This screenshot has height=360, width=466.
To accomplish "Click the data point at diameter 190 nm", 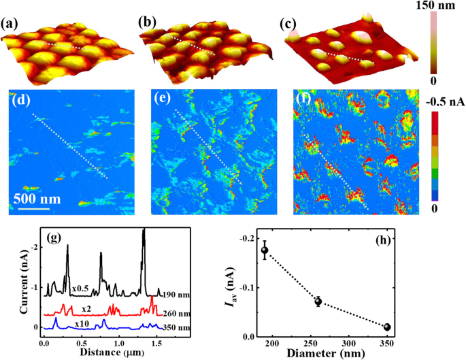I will coord(265,250).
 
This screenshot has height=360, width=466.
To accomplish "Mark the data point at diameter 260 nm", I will coord(318,301).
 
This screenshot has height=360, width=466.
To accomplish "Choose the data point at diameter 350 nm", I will coord(387,327).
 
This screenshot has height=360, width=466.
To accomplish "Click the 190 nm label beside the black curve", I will coord(175,297).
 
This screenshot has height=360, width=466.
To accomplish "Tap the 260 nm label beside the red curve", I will coord(175,314).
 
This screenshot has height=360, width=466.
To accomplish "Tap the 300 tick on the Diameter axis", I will coord(349,343).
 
